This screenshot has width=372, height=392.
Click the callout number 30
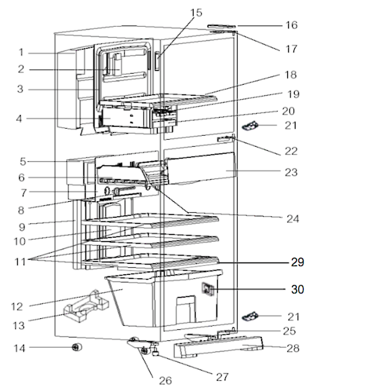tap(296, 289)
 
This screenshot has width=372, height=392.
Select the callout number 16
tap(291, 25)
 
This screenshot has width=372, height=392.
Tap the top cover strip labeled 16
tap(222, 28)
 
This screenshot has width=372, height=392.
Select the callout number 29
tap(296, 262)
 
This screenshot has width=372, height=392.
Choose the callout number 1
tap(21, 52)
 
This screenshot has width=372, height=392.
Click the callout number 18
tap(291, 74)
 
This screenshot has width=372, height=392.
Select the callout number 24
tap(291, 218)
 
